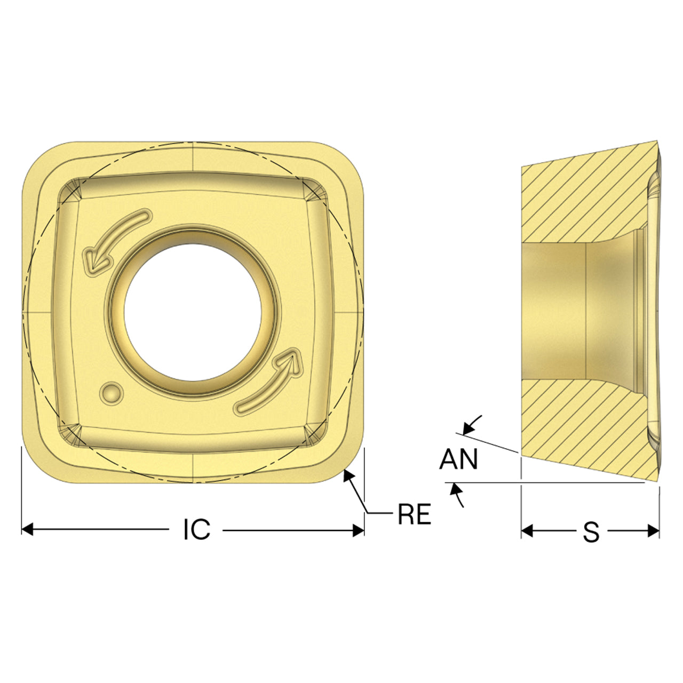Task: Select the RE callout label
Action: pos(415,514)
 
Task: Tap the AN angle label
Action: pos(459,459)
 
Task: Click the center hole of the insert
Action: pos(193,313)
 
